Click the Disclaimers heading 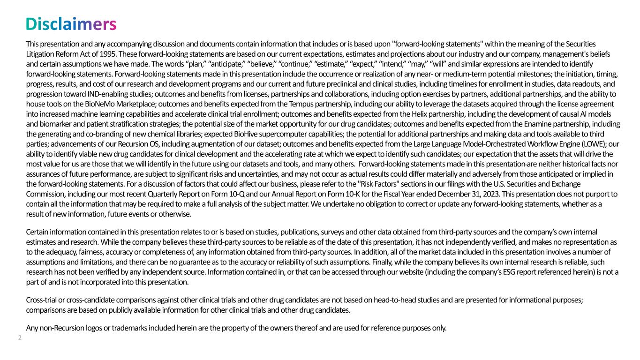point(70,24)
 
